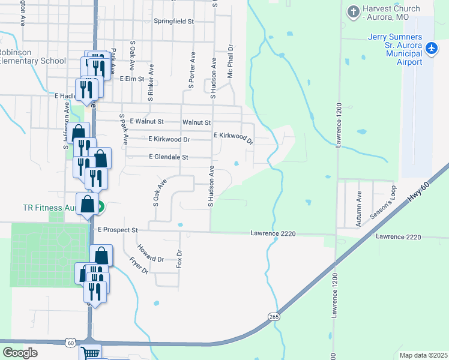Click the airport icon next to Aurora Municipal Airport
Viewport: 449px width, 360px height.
(x=431, y=47)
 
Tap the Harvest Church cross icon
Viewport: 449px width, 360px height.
(x=354, y=11)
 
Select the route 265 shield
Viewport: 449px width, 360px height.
(x=275, y=316)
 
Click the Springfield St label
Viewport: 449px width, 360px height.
(x=174, y=21)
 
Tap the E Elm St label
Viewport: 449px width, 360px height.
(x=132, y=79)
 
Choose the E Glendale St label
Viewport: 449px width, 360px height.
(x=169, y=157)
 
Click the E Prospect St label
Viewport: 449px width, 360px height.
(x=118, y=230)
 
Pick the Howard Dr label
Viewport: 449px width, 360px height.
(x=151, y=254)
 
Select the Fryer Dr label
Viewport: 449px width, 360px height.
(x=139, y=265)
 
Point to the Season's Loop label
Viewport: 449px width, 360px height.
(x=382, y=202)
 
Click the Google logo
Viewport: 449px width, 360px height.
(x=20, y=352)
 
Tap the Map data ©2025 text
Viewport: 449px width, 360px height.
(x=423, y=355)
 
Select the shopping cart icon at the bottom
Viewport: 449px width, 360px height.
(x=90, y=353)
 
